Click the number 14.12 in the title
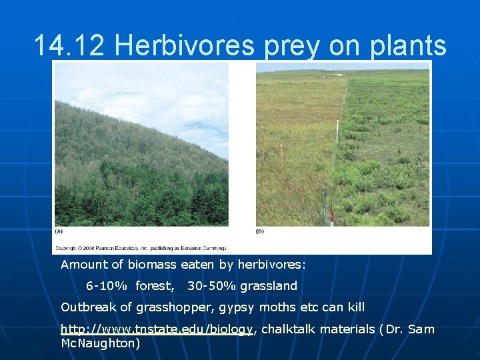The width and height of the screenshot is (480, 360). click(71, 46)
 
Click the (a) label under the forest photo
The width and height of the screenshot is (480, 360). click(59, 231)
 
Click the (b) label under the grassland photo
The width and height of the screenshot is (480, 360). click(261, 231)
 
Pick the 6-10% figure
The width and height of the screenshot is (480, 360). click(107, 286)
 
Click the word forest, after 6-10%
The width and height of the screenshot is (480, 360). click(155, 286)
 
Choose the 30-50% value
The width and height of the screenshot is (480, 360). click(212, 286)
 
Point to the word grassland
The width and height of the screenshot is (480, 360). click(269, 286)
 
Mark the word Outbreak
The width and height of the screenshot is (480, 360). click(87, 307)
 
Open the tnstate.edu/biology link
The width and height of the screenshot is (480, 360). click(157, 329)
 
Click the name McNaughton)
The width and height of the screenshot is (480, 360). click(100, 343)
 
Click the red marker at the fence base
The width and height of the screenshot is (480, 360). click(331, 216)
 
